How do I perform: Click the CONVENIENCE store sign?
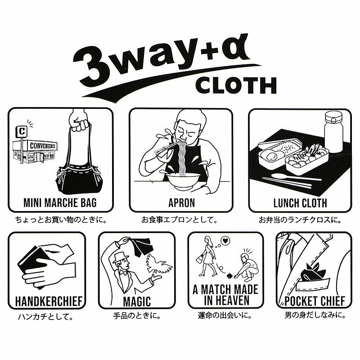tap(43, 145)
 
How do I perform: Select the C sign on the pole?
tap(22, 132)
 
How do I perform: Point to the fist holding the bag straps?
tap(78, 121)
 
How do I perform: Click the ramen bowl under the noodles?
tap(184, 181)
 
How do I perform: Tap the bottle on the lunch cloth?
tap(333, 132)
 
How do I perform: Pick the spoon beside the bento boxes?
tap(296, 177)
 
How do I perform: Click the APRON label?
tap(182, 203)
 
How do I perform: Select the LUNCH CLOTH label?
tap(300, 203)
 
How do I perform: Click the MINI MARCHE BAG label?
tap(60, 203)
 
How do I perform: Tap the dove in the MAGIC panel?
tap(159, 265)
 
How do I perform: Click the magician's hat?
tap(120, 257)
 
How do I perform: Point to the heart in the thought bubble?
tap(225, 241)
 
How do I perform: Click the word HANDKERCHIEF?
tap(49, 301)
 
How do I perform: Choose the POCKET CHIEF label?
tap(315, 301)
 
